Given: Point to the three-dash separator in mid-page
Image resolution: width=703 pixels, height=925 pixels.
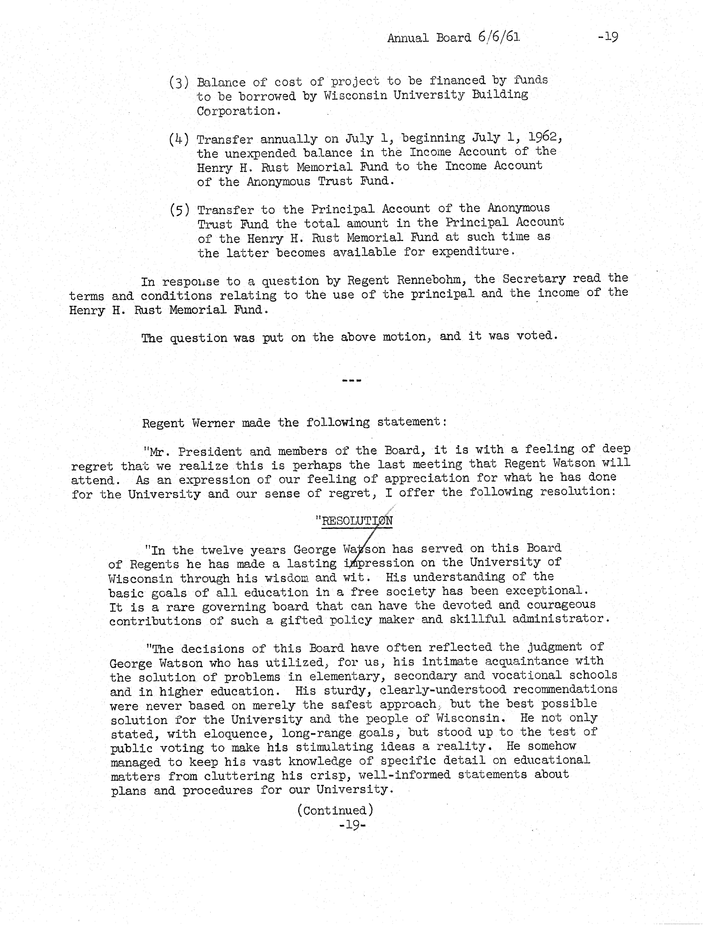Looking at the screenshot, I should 351,381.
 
